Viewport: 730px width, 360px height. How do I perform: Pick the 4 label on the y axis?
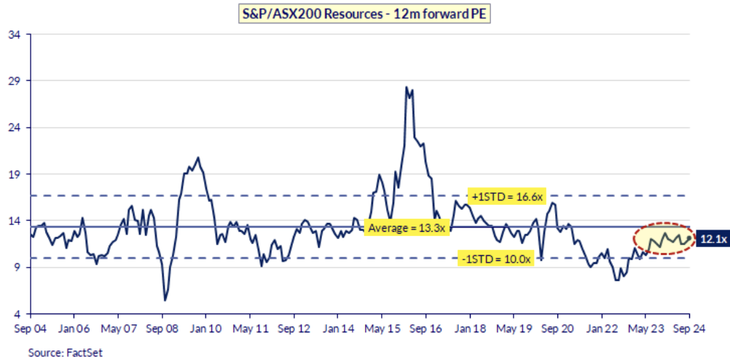pos(16,314)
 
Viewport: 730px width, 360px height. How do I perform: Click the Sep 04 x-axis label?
pos(31,329)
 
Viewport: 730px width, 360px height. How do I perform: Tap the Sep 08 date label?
pos(162,329)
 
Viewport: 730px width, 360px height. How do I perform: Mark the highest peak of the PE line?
pos(406,87)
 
